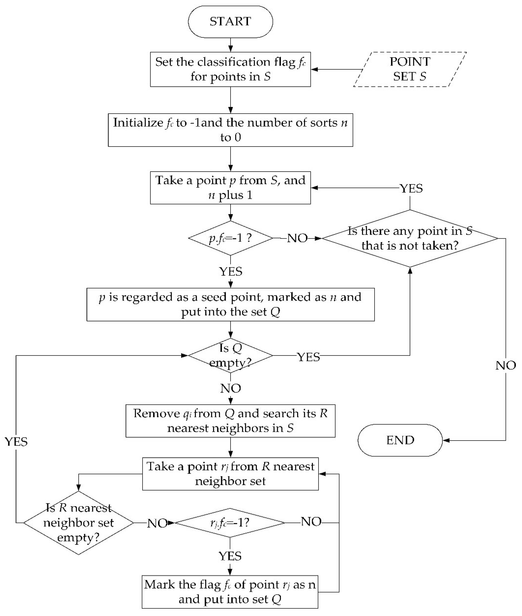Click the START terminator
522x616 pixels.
[x=230, y=22]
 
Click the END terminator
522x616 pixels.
[x=400, y=440]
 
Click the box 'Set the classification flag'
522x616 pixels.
[x=230, y=69]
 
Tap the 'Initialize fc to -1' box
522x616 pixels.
[x=230, y=130]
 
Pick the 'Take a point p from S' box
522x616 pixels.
[x=230, y=187]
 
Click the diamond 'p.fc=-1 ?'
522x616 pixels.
[x=230, y=238]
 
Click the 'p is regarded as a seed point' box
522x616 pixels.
[x=230, y=304]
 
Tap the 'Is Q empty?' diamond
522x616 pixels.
[x=230, y=355]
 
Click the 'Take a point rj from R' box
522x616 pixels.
[x=230, y=474]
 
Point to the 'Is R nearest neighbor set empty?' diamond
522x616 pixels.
[x=78, y=523]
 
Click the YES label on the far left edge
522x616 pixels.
[x=16, y=442]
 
